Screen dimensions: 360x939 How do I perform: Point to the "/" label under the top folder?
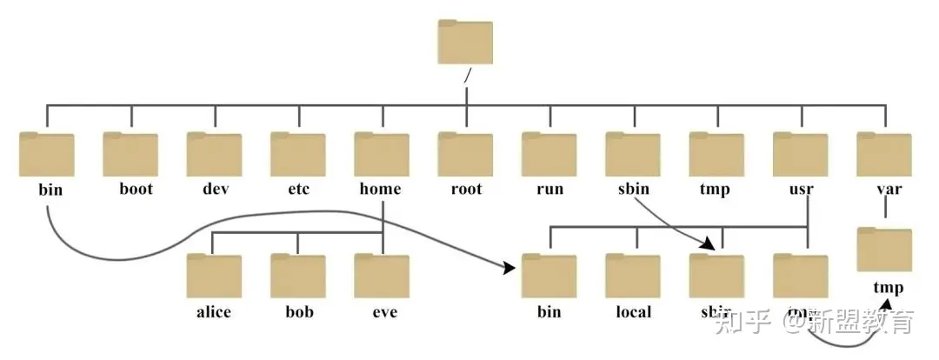tap(467, 76)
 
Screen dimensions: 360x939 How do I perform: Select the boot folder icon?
tap(130, 155)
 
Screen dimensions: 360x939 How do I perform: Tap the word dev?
tap(214, 189)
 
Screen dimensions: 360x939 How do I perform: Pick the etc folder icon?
tap(298, 155)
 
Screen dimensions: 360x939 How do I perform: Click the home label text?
tap(381, 189)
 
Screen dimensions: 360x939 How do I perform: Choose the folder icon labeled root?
tap(465, 155)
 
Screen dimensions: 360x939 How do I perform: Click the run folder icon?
tap(549, 155)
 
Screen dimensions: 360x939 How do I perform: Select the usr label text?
tap(800, 189)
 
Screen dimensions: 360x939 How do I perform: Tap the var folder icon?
tap(883, 155)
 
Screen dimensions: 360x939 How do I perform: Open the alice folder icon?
tap(214, 276)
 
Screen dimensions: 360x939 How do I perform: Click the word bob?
tap(298, 310)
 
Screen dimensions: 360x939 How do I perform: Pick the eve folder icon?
tap(382, 276)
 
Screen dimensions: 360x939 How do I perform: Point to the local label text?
tap(633, 310)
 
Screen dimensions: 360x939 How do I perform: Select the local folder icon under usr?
tap(633, 276)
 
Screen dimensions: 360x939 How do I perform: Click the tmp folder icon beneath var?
tap(883, 250)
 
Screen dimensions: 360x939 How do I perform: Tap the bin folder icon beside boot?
tap(46, 155)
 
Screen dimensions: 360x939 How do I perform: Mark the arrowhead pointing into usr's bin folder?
tap(510, 270)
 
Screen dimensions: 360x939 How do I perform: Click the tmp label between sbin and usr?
tap(716, 189)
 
